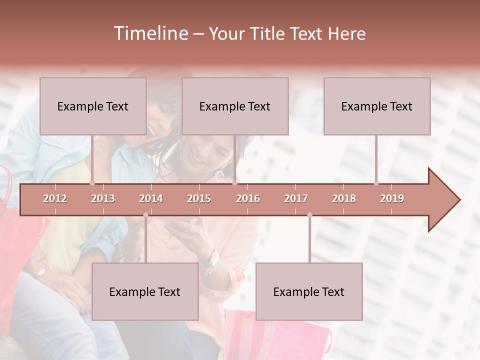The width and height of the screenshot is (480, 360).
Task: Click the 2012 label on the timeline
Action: tap(55, 198)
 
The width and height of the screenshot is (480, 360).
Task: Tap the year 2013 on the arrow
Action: tap(103, 198)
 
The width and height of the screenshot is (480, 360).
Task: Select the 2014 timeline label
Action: tap(151, 198)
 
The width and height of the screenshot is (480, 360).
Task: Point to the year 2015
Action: tap(199, 198)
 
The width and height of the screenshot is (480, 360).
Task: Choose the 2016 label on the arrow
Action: tap(248, 198)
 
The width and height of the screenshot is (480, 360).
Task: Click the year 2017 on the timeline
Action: tap(296, 198)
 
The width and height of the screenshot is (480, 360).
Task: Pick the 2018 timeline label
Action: tap(344, 198)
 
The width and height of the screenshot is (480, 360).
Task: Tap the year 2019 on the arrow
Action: tap(392, 198)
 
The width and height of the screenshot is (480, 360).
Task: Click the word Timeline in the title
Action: tap(150, 33)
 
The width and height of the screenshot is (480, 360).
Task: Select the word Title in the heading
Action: tap(267, 33)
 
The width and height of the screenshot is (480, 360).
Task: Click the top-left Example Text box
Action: tap(93, 106)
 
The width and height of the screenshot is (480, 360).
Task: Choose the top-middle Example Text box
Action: tap(235, 106)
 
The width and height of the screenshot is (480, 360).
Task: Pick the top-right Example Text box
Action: tap(377, 106)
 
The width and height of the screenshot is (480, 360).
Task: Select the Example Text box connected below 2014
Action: tap(145, 291)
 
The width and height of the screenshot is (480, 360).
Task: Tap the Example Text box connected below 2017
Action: tap(309, 291)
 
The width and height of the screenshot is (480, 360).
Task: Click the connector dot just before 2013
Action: tap(92, 183)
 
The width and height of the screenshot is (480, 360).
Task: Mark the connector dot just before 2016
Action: tap(234, 183)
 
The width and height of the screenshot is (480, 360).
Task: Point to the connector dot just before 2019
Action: tap(376, 183)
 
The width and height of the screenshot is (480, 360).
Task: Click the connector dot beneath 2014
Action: tap(145, 215)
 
